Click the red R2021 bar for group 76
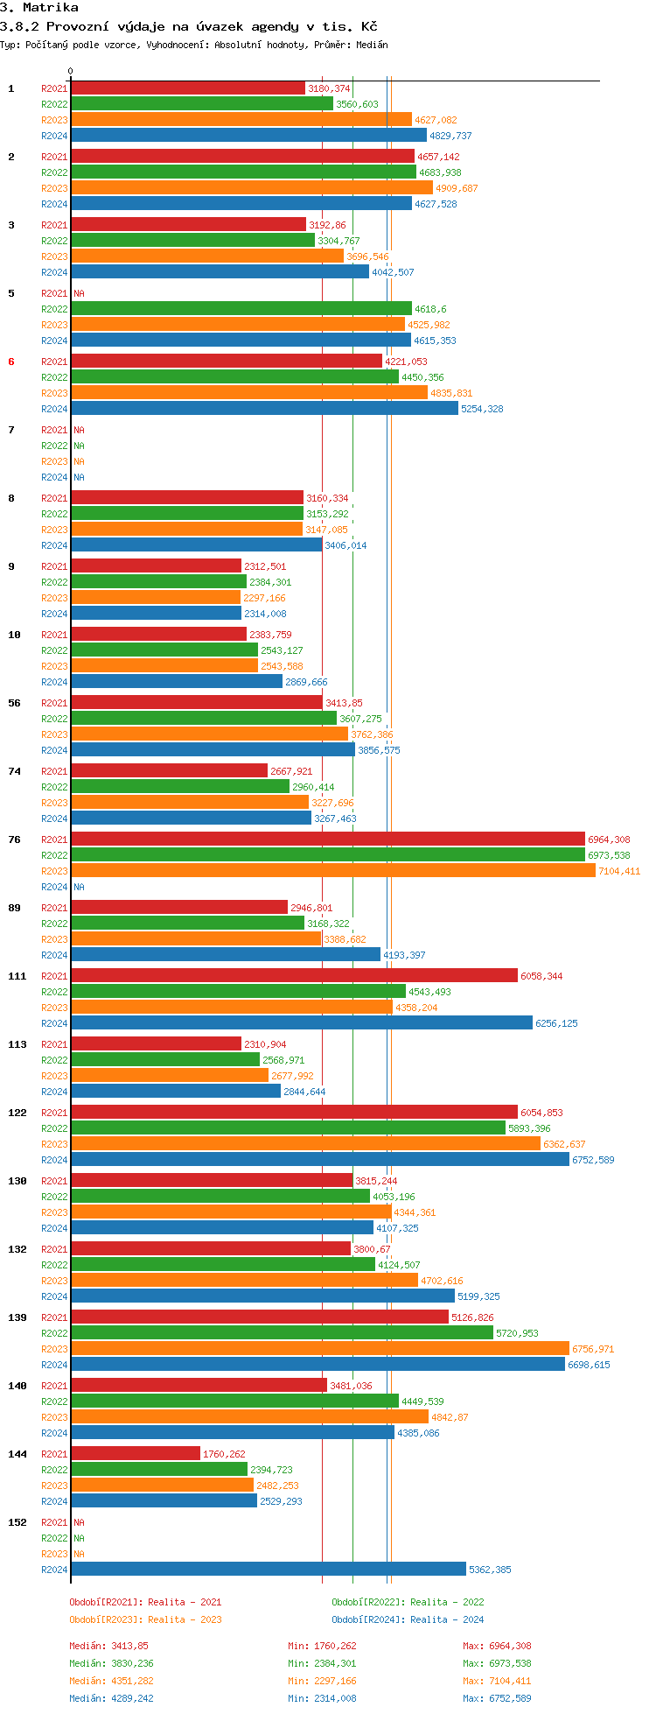pos(327,839)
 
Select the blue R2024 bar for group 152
pos(268,1569)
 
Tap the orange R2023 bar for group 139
pos(319,1348)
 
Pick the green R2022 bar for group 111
pos(238,991)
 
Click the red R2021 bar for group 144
pos(136,1453)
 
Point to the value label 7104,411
pos(618,871)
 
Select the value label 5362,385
pos(490,1570)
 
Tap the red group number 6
pos(11,362)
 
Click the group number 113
pos(17,1044)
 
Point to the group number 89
pos(14,908)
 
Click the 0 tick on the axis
pos(71,72)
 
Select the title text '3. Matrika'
pos(38,8)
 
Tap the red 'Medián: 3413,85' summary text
pos(108,1646)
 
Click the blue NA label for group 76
pos(79,887)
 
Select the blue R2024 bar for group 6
pos(264,408)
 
